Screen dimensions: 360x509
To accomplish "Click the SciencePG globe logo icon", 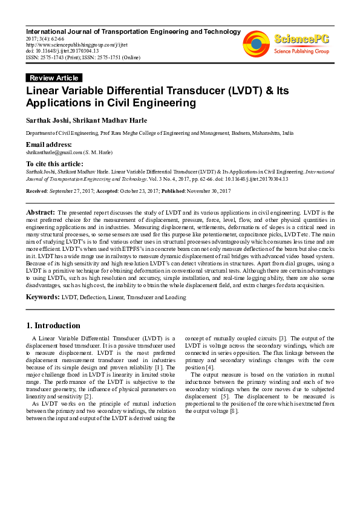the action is (x=257, y=43).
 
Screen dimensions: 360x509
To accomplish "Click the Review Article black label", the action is (x=54, y=77).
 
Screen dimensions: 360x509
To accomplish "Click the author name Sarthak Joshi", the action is (x=47, y=120).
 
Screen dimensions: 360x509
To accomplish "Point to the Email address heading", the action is (x=49, y=145).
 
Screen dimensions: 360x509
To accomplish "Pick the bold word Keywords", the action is (x=42, y=297).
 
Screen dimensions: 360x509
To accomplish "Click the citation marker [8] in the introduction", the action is (x=234, y=411).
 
